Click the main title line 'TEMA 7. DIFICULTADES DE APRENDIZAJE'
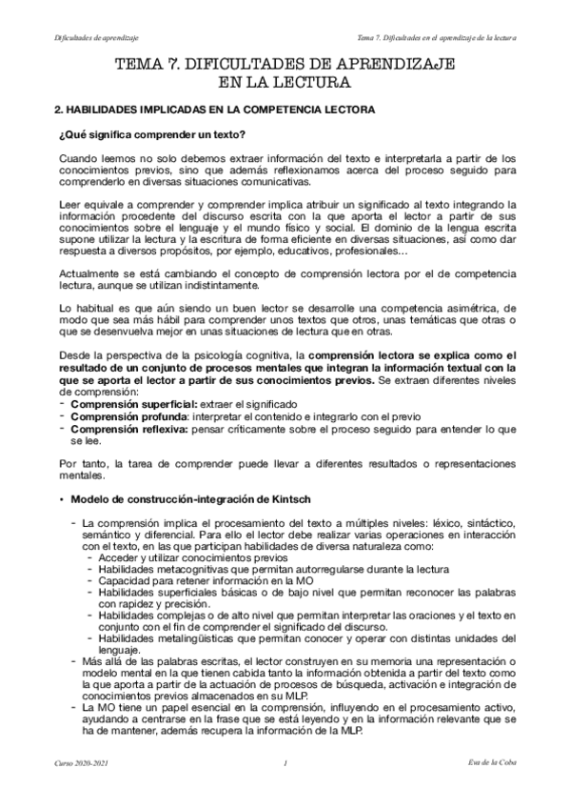pos(285,64)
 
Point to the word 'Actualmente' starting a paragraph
pos(88,273)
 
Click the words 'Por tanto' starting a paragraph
pos(80,464)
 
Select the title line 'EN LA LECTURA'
pos(285,82)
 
